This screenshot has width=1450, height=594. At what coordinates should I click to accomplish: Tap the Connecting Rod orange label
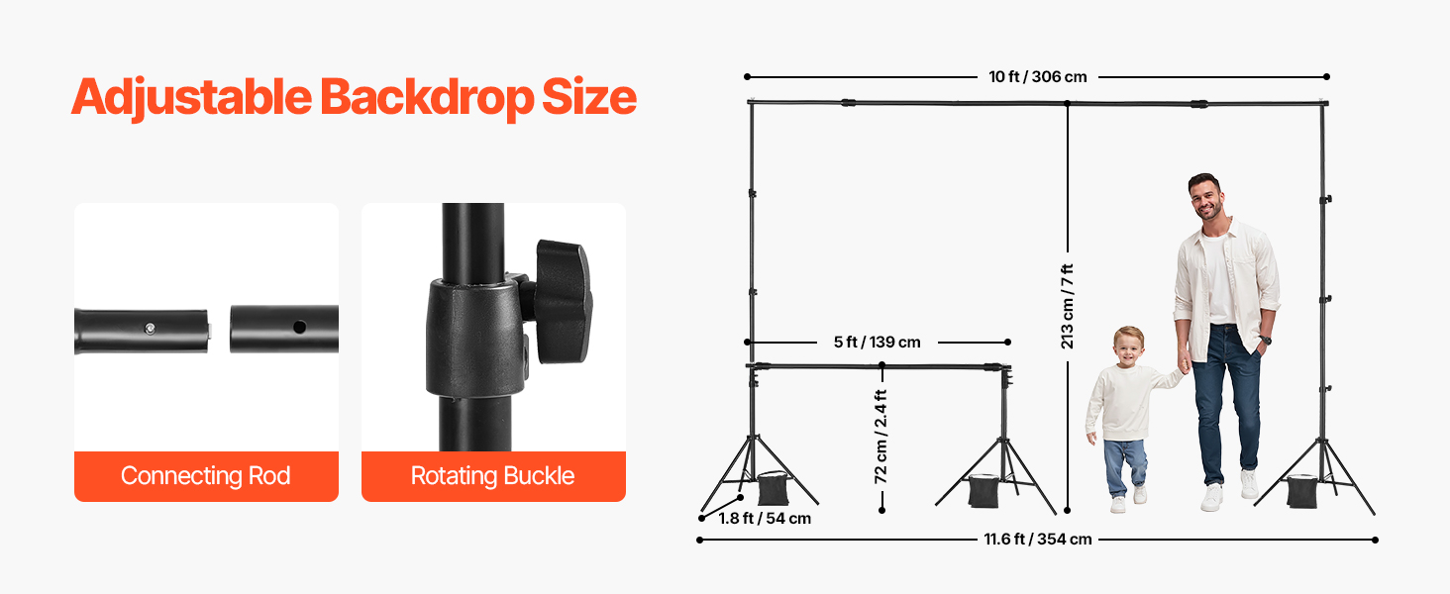click(206, 476)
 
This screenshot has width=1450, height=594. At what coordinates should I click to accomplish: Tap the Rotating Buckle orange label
click(493, 476)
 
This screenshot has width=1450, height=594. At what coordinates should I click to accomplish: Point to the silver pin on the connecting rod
click(149, 327)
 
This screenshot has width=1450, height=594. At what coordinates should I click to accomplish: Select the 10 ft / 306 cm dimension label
click(1037, 76)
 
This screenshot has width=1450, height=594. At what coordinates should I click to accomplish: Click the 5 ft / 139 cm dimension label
click(877, 343)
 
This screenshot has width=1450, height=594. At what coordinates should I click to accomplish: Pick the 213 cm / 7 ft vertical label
click(1067, 306)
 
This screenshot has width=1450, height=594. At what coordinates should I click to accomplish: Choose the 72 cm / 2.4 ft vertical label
click(880, 436)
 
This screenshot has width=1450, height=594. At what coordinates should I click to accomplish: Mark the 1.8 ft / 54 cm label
click(764, 519)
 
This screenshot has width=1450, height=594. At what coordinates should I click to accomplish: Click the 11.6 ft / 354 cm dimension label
click(1037, 540)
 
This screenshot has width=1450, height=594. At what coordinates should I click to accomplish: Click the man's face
click(1205, 199)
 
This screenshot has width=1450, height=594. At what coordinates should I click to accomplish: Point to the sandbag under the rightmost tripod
click(1302, 491)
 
